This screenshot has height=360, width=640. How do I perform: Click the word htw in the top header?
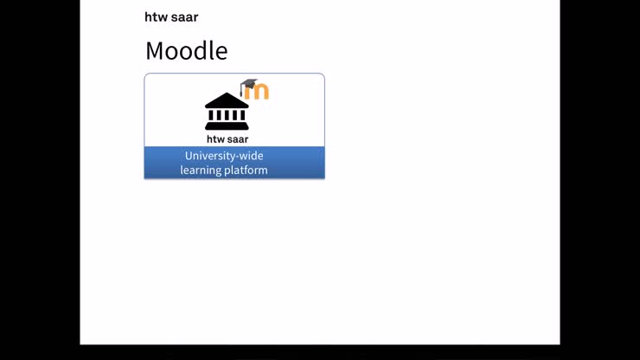point(156,17)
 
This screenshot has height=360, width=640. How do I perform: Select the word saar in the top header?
point(184,17)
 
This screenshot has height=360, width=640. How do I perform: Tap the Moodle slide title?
point(186,51)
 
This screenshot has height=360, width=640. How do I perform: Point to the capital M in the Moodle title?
point(157,51)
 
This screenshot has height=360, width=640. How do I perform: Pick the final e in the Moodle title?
point(221,52)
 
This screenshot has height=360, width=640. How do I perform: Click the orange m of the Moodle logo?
point(258,91)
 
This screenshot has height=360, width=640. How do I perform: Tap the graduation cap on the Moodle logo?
point(249,84)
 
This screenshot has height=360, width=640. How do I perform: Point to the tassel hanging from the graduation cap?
point(243,92)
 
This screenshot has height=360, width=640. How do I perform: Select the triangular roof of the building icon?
point(227,100)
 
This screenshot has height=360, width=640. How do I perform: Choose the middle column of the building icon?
point(227,116)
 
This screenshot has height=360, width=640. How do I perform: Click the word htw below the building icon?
point(215,139)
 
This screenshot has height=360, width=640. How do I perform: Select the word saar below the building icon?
point(238,139)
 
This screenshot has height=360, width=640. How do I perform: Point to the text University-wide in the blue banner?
point(224,156)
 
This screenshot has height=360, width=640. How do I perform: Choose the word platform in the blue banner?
point(246,170)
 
